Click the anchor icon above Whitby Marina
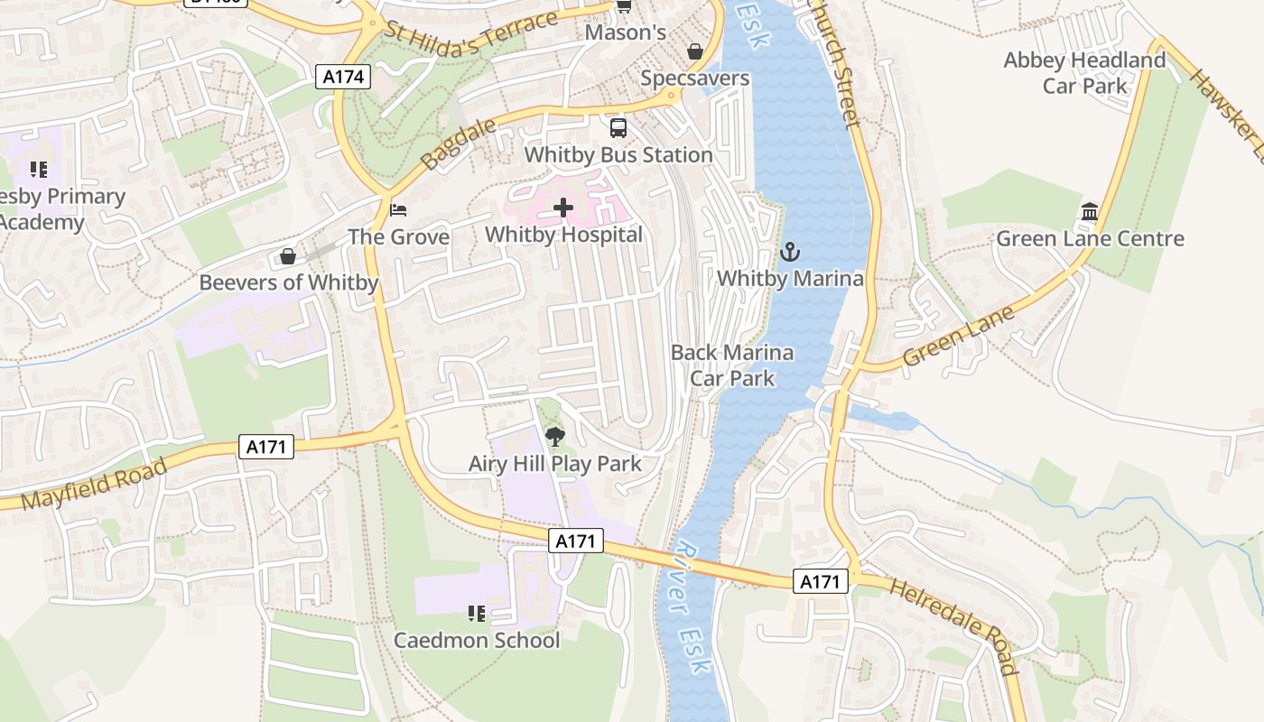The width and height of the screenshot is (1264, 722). coord(790,252)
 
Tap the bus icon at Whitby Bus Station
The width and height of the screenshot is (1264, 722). coord(618,128)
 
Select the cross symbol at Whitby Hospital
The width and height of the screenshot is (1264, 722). coord(562,208)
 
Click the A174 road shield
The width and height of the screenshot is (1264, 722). coord(345,77)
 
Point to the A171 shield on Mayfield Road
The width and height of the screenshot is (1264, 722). coord(267,446)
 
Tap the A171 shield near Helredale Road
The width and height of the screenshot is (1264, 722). coord(821,581)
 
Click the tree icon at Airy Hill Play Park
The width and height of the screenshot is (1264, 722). coord(554,438)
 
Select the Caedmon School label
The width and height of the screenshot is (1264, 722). coord(477,640)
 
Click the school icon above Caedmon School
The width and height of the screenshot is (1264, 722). coord(477,615)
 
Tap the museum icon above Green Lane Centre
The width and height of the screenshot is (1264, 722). coord(1090,212)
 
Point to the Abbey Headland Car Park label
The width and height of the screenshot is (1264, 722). coord(1084,73)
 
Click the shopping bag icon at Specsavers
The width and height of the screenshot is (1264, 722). coord(695,51)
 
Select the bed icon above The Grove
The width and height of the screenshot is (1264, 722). coord(398,210)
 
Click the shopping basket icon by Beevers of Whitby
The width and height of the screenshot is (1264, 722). coord(288,256)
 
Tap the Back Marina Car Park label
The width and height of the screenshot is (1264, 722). coord(732,365)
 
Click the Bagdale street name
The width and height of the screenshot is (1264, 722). coord(459,143)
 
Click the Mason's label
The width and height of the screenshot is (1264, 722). coord(626,32)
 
